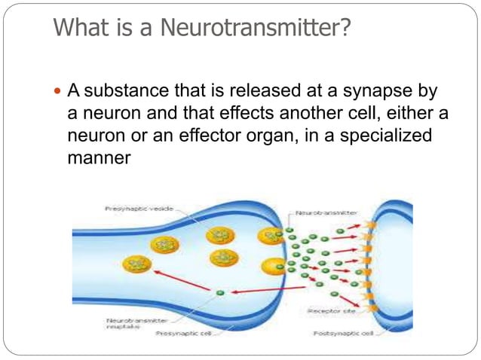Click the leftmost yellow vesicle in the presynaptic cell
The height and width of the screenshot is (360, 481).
point(136,263)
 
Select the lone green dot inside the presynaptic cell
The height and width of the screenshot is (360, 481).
point(219,292)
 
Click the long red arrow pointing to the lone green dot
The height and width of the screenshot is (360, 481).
point(260,290)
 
